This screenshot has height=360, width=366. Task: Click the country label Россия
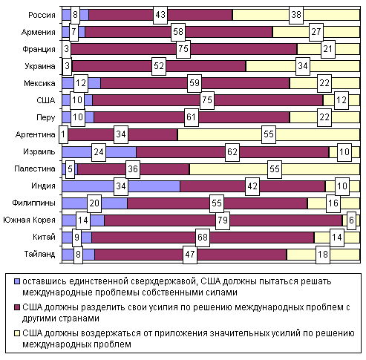42,15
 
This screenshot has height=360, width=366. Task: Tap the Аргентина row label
35,134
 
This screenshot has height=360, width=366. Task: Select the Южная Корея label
29,220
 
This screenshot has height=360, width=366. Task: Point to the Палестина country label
35,168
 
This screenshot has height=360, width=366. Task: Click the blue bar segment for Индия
121,186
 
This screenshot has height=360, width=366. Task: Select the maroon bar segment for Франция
184,49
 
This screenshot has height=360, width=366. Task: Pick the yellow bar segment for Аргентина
269,134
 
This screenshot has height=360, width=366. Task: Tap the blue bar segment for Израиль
99,152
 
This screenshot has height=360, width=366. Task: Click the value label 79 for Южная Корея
223,220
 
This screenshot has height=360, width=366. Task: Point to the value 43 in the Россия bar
160,15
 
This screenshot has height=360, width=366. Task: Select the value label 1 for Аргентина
63,134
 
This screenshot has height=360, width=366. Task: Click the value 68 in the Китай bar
203,238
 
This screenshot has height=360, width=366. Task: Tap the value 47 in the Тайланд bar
190,255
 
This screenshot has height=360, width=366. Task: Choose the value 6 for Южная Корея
351,220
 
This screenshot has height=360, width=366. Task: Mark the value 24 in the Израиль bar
99,152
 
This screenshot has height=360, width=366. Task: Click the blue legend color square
17,281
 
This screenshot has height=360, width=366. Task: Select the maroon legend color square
17,307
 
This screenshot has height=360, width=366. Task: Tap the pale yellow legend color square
17,333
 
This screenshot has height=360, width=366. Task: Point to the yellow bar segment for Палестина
275,169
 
